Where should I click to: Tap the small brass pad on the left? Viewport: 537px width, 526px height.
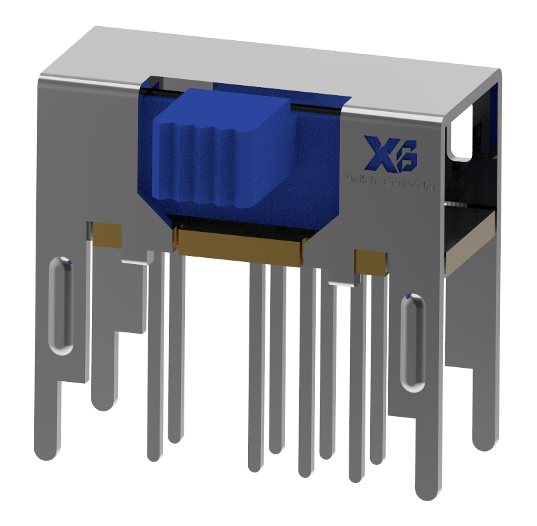click(x=107, y=234)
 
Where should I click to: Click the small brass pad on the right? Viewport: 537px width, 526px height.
click(x=370, y=262)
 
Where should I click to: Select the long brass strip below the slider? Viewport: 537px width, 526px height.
click(x=239, y=247)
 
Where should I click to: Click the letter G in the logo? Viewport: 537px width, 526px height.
click(x=404, y=155)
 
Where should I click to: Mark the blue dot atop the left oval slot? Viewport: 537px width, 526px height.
click(x=65, y=260)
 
